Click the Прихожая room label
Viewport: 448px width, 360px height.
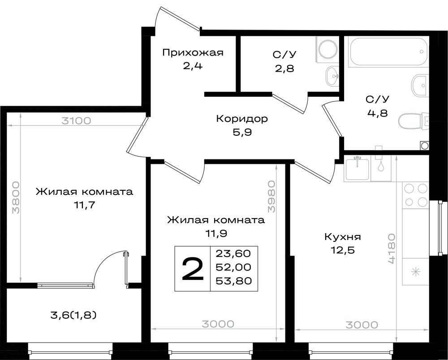(x=193, y=53)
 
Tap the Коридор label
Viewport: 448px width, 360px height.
(x=242, y=119)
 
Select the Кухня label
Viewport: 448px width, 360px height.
(x=343, y=237)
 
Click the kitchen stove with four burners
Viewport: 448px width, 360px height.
(x=416, y=195)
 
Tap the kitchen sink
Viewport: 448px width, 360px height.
(x=357, y=168)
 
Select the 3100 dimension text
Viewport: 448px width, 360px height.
(x=76, y=121)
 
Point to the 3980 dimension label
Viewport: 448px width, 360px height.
(x=271, y=196)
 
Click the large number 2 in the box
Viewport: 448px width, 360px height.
(x=193, y=268)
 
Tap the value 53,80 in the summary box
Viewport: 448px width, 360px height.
(x=234, y=281)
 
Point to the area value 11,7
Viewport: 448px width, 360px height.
(x=84, y=205)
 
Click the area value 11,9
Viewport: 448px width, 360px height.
(x=216, y=234)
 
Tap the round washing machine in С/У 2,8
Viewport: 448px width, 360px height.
(x=328, y=49)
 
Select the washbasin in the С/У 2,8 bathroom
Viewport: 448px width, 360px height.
(x=332, y=76)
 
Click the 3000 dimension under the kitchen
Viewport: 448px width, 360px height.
(x=362, y=325)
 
